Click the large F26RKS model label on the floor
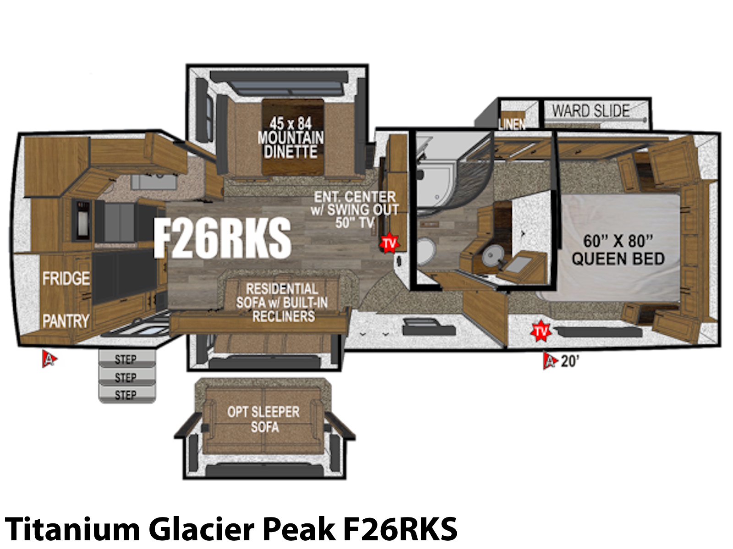point(222,238)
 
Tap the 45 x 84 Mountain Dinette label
point(290,138)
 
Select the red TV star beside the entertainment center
point(389,242)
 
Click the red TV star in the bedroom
point(541,331)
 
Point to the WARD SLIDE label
point(591,111)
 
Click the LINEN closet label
point(512,124)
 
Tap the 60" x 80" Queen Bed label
point(618,250)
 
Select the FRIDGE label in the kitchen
point(66,278)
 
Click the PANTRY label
point(66,321)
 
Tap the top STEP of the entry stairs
point(126,359)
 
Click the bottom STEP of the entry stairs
point(126,395)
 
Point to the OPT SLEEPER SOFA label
point(263,420)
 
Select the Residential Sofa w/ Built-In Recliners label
point(282,302)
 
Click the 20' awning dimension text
point(570,361)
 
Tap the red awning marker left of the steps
point(49,359)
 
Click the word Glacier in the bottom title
point(202,529)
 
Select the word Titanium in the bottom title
point(72,529)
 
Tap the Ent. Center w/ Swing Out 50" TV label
point(355,210)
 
